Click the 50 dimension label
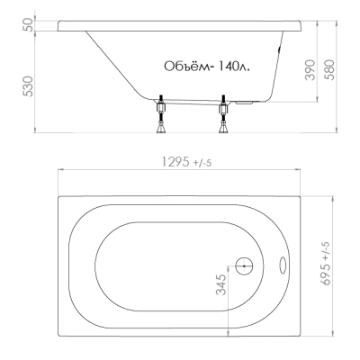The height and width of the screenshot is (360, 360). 29,25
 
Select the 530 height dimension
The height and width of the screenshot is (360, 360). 29,86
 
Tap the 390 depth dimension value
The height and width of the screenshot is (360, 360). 310,70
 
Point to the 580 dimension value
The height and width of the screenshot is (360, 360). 329,70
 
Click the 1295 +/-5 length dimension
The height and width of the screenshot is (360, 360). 186,162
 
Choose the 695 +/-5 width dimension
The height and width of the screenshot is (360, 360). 325,263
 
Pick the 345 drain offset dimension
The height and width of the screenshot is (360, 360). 221,284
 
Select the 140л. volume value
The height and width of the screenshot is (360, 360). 233,67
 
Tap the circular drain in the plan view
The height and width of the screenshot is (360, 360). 244,265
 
